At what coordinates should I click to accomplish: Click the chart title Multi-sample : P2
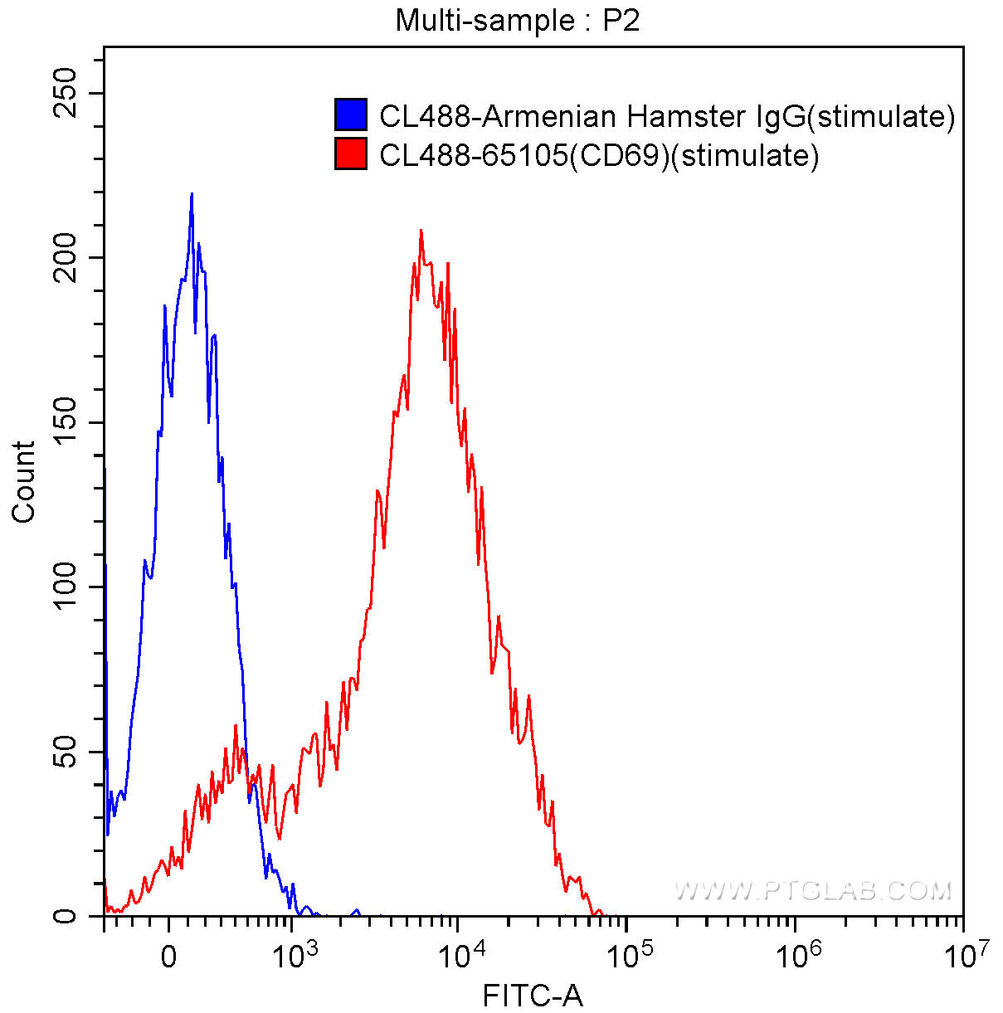[x=518, y=22]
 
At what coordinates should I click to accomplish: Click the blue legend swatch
[x=351, y=114]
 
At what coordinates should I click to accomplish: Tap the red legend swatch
[x=351, y=154]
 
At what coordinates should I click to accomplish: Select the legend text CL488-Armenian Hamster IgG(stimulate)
[x=666, y=117]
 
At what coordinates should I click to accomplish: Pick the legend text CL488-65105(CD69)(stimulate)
[x=599, y=156]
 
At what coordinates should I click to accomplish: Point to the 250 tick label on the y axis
[x=66, y=93]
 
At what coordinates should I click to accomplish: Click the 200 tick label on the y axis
[x=66, y=257]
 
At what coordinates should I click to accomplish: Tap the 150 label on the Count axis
[x=66, y=422]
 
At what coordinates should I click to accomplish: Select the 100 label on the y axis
[x=66, y=587]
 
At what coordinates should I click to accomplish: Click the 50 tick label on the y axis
[x=66, y=752]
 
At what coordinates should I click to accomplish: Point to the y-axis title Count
[x=23, y=482]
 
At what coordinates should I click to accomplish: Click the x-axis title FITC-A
[x=533, y=995]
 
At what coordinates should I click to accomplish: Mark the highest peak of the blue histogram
[x=192, y=194]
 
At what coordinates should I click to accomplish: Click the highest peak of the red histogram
[x=421, y=231]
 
